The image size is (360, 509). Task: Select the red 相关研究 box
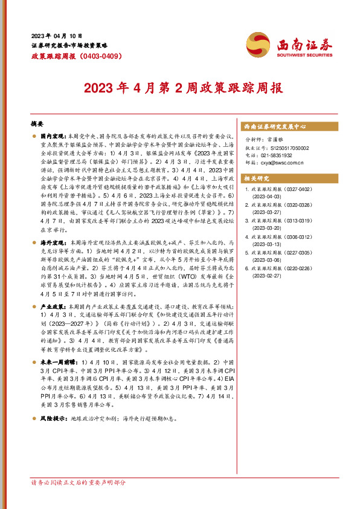tap(256, 179)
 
